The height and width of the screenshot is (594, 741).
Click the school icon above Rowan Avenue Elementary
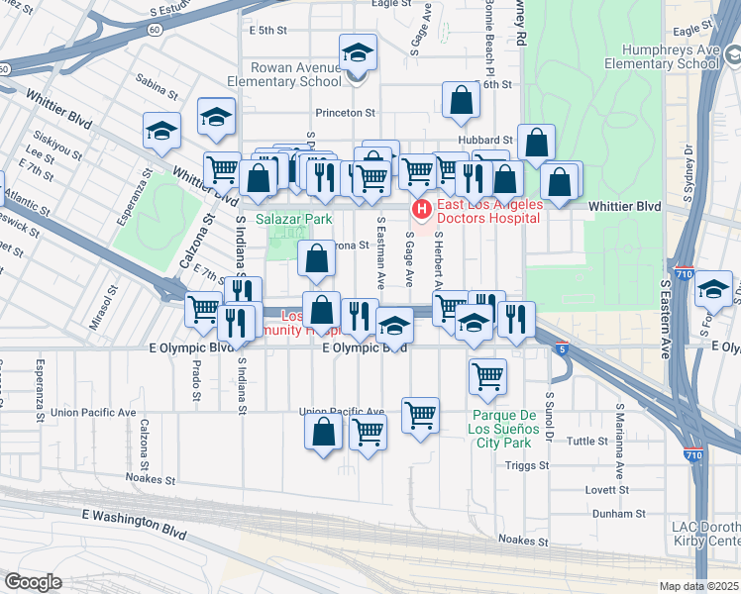(x=358, y=52)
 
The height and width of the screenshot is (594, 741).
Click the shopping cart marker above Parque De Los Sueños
(x=487, y=375)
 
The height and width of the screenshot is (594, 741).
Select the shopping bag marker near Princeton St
(x=461, y=99)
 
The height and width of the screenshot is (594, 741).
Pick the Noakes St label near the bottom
(x=522, y=541)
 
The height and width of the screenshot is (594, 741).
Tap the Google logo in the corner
(x=33, y=582)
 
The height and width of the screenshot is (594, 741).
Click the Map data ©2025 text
(x=699, y=586)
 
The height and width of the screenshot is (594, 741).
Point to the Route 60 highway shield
(x=155, y=30)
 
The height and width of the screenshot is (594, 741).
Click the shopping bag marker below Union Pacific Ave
(x=324, y=432)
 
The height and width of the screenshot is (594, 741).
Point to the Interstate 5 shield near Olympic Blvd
(x=563, y=348)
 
